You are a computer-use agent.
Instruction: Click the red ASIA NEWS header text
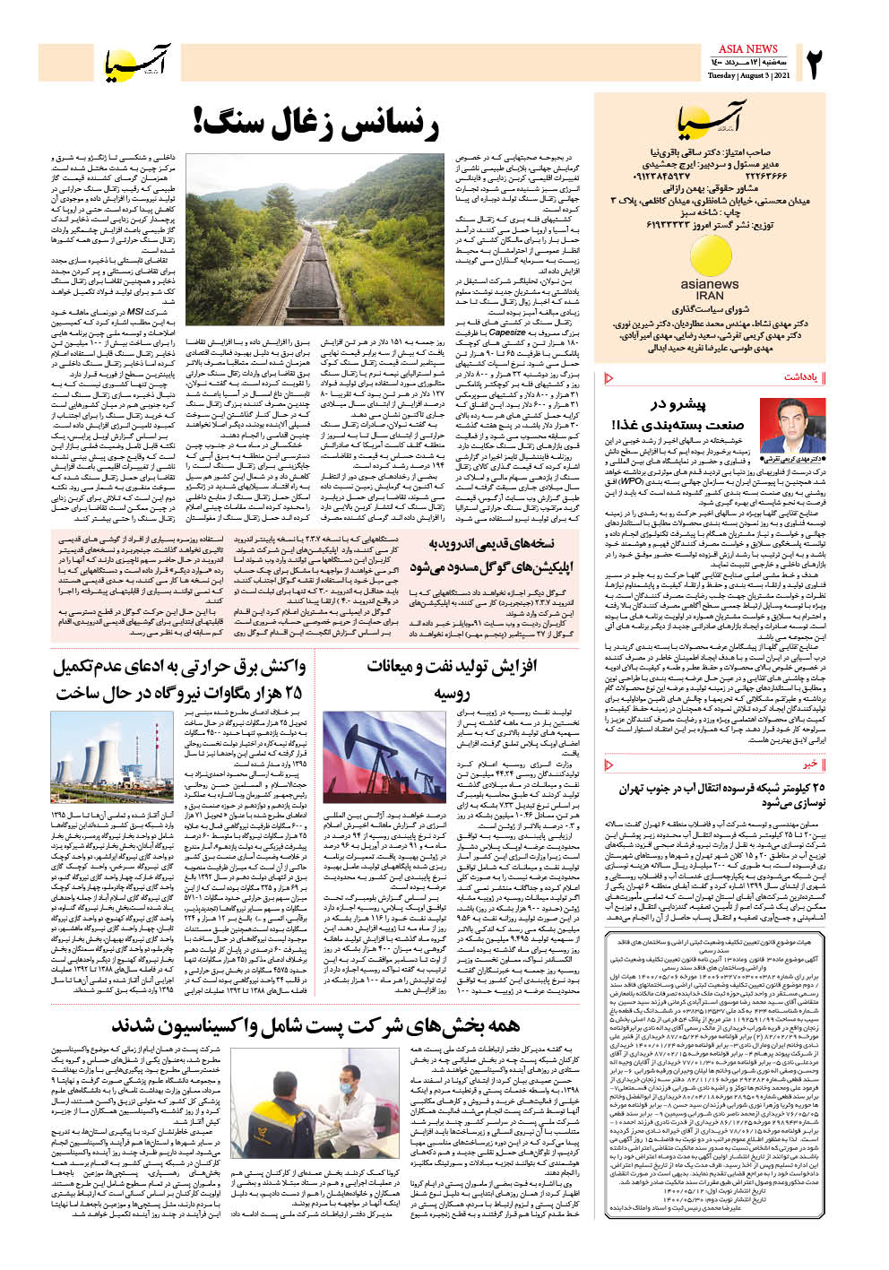point(748,48)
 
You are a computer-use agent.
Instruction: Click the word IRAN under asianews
point(710,295)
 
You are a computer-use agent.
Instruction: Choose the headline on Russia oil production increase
point(452,678)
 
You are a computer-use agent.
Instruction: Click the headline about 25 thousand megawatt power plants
point(179,678)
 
